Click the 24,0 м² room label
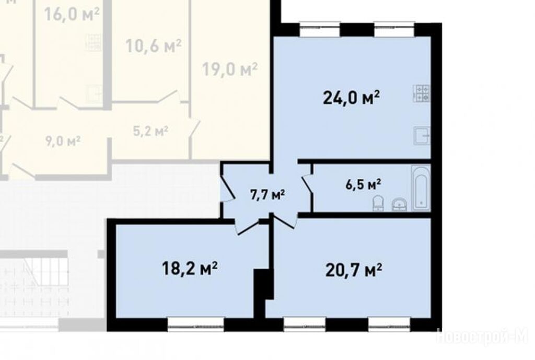coord(351,98)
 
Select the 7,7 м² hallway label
coord(267,195)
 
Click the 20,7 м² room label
coord(354,271)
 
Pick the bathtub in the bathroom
coord(421,188)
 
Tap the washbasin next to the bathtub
coord(399,204)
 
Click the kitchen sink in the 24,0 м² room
coord(422,135)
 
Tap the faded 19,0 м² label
coord(230,69)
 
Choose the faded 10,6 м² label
coord(153,46)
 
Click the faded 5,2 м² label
coord(150,131)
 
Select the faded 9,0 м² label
coord(63,141)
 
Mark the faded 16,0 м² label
coord(72,14)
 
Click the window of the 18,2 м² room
coord(196,325)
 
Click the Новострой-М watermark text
coord(482,336)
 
